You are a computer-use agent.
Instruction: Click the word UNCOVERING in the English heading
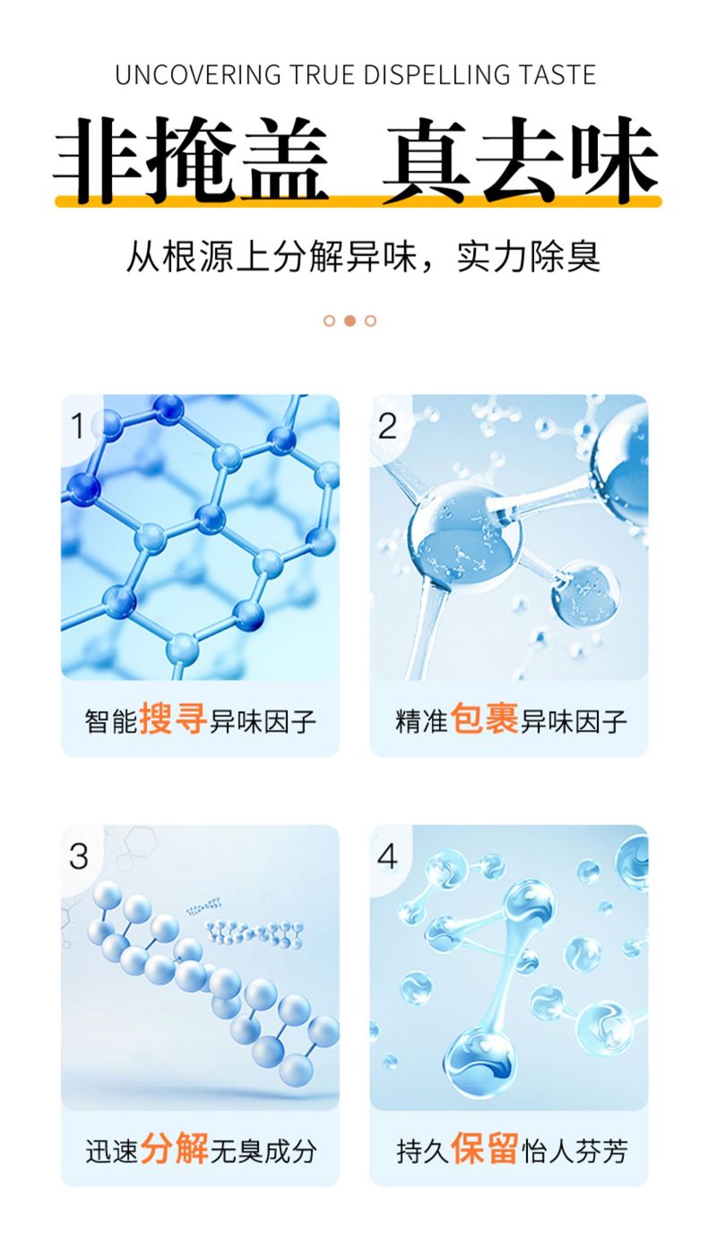tap(198, 75)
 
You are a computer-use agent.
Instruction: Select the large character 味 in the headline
tap(615, 159)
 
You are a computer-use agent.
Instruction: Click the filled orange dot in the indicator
tap(350, 321)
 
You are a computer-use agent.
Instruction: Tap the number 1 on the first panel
tap(77, 426)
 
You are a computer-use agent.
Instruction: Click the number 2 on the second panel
tap(387, 426)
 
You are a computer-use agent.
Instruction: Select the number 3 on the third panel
tap(79, 856)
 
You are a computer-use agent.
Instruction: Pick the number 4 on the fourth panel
tap(387, 856)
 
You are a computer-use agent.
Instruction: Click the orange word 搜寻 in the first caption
tap(173, 718)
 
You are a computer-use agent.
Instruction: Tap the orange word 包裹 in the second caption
tap(485, 718)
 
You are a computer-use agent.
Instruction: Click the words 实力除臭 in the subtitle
tap(528, 256)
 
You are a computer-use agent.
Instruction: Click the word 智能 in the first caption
tap(110, 721)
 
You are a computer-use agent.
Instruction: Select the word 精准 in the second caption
tap(421, 721)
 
